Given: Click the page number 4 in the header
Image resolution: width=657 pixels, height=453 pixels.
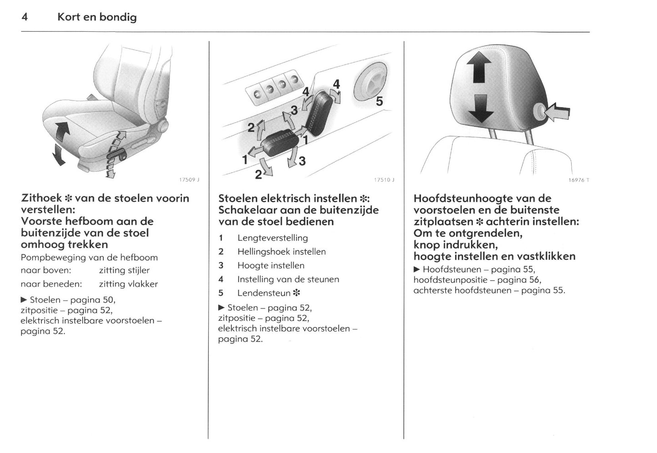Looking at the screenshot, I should [25, 17].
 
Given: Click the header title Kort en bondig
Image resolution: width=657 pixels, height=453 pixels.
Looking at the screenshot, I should [97, 17].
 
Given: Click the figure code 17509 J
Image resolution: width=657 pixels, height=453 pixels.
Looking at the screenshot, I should [189, 180].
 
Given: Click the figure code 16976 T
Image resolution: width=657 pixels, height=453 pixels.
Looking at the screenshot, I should [578, 180].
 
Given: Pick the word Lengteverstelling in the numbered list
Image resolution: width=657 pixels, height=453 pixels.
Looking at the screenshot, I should [272, 238].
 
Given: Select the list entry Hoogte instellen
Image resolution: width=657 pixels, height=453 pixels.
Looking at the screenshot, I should [271, 265].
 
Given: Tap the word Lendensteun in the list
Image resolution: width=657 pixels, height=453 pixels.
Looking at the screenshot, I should [264, 293].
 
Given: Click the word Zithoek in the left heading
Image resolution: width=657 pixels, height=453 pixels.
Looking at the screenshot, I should [41, 198].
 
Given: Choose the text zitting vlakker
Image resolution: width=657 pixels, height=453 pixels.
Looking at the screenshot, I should [128, 284].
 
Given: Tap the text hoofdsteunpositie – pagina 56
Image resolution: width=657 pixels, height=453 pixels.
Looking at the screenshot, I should [477, 280].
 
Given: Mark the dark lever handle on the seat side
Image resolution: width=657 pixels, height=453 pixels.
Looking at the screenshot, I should [116, 157].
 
